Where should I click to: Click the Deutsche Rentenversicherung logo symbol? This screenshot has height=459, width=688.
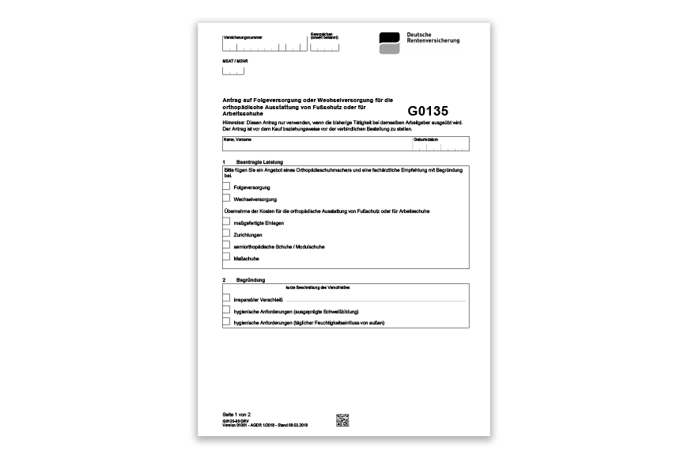coord(389,44)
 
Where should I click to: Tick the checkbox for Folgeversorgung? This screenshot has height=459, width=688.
coord(227,186)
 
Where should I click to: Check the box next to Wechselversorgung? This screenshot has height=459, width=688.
coord(227,199)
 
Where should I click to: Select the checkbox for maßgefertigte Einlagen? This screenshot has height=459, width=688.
coord(227,223)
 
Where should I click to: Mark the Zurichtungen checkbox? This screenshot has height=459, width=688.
coord(227,234)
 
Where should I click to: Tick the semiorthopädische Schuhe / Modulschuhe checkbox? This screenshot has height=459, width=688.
coord(227,246)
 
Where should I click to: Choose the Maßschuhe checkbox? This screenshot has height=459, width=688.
coord(227,257)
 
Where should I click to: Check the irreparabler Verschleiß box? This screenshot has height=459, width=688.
coord(227,299)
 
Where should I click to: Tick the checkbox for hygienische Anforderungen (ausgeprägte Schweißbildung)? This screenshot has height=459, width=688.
coord(227,311)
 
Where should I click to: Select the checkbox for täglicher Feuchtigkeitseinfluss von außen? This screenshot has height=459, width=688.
coord(227,322)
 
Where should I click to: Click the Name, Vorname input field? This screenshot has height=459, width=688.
coord(316,144)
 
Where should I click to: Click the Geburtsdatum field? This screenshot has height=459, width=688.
coord(440,145)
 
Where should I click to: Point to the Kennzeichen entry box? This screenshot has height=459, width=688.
coord(324,47)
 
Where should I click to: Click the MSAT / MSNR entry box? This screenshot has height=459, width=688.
coord(233,70)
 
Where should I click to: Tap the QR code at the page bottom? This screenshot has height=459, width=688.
coord(342,419)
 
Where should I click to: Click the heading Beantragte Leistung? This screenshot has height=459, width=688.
coord(259,161)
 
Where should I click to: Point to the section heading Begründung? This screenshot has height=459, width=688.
coord(251,280)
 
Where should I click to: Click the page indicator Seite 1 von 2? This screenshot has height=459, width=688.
coord(238,415)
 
